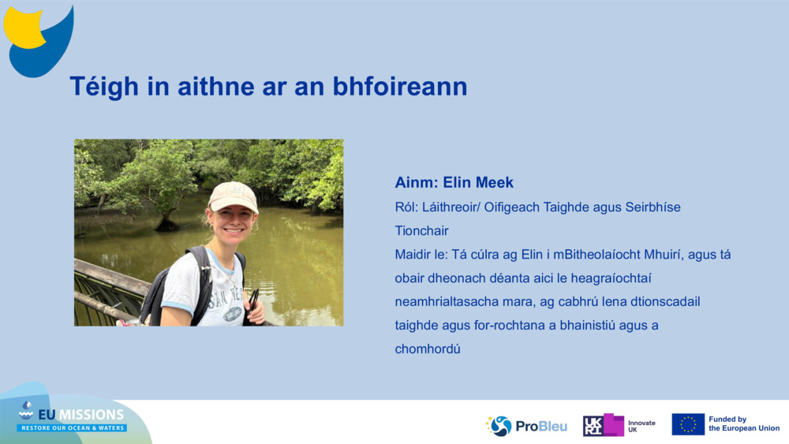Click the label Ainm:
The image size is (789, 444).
pos(416,182)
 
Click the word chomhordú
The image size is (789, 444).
pos(428,349)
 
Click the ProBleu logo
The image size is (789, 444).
pos(526,426)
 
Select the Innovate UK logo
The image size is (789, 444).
pos(619,425)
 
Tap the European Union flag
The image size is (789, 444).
pos(687,424)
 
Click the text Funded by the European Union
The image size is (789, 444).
pos(743,424)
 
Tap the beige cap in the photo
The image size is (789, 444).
pos(233,196)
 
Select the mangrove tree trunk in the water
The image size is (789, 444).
pos(166,221)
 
